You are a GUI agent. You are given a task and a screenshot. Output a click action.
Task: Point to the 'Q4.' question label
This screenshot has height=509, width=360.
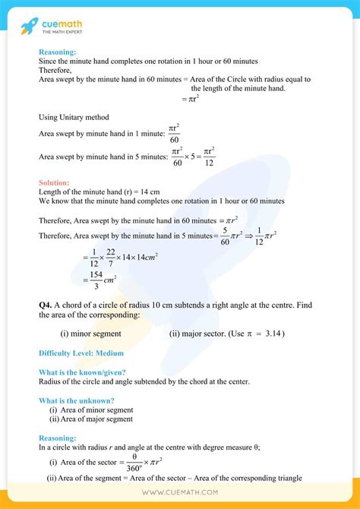click(x=46, y=304)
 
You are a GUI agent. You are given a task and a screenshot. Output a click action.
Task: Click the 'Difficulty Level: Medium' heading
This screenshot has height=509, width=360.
click(x=81, y=353)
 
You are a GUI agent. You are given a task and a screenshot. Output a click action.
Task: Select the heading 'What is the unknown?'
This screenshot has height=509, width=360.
click(x=77, y=400)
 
